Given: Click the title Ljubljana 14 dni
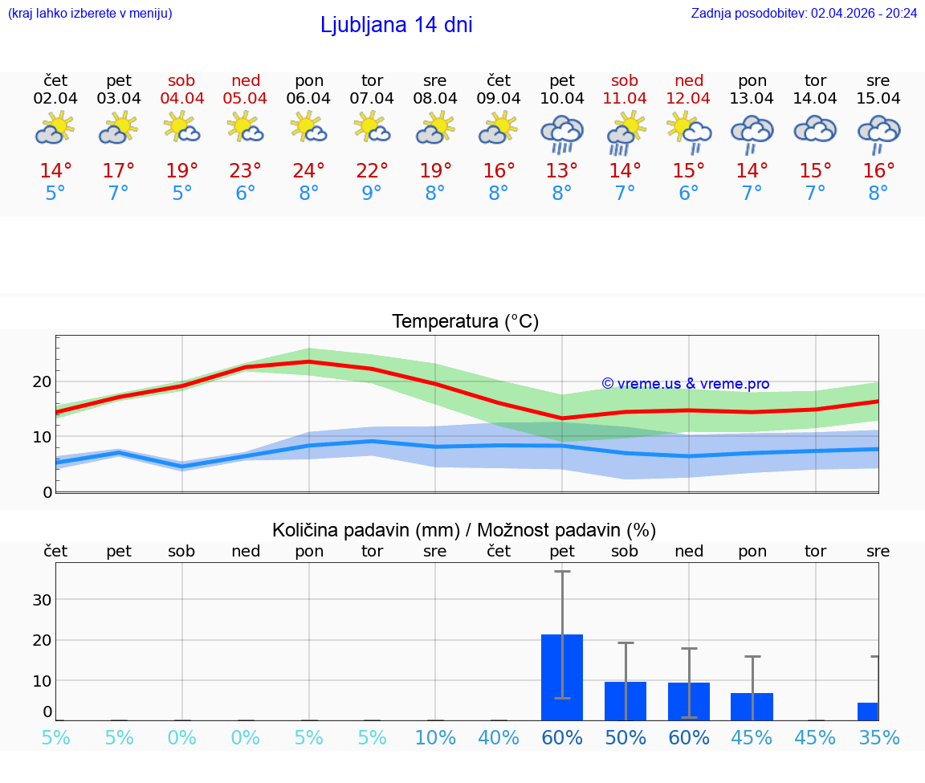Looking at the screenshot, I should coord(396,25).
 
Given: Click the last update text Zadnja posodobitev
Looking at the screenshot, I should coord(804,13).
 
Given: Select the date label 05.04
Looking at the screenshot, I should coord(246,99).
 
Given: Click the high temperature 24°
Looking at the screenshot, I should coord(308,171).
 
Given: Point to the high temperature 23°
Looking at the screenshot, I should coord(246,171).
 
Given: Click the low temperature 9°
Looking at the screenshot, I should coord(372,194).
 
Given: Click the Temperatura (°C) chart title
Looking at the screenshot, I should coord(465,322).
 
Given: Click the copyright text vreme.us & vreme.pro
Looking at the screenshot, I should coord(686,384).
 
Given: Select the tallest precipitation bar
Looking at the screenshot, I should coord(562,677).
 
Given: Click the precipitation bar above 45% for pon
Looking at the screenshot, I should coord(752,706).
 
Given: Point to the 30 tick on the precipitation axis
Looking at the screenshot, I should coord(42,600).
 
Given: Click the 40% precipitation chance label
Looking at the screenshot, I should coord(499,737).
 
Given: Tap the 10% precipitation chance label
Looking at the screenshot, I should coord(435,737).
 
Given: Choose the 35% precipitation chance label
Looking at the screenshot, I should coord(878,737).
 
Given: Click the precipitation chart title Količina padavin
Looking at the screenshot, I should coord(464,530).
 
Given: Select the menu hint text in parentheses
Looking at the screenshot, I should coord(90,13).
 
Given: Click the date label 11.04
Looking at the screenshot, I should coord(625,99).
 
